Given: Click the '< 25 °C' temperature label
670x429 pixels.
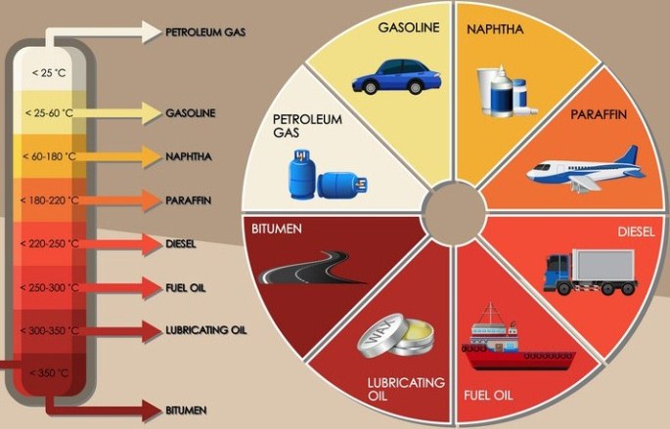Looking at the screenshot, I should (x=48, y=72).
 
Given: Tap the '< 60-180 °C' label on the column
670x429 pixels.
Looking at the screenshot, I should (x=48, y=155).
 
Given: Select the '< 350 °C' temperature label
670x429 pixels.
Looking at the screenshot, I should (x=50, y=373).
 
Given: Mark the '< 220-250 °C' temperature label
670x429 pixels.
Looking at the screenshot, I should (x=48, y=243).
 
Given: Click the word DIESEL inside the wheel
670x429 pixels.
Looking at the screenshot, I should (x=637, y=233).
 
